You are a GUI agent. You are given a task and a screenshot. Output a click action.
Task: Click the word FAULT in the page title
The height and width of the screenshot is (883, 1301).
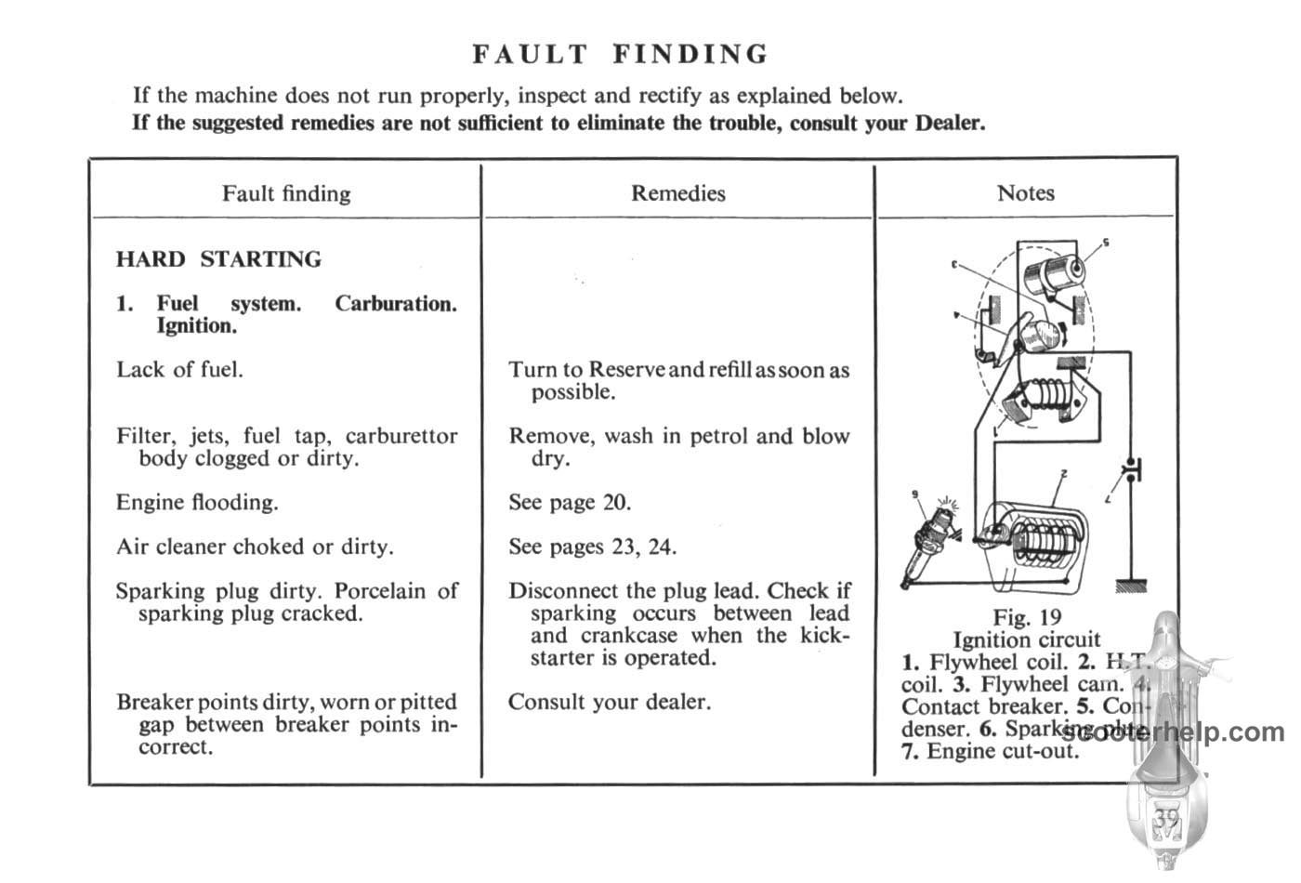point(530,54)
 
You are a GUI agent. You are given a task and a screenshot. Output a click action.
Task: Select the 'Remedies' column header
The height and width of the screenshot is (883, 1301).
point(677,193)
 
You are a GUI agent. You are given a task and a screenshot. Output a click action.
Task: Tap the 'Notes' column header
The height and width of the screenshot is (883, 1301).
point(1025,193)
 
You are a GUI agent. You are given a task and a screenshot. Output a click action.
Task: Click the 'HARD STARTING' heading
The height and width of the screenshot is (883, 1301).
point(218,259)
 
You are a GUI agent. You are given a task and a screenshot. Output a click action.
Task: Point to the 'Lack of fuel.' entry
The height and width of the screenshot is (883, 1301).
point(179,370)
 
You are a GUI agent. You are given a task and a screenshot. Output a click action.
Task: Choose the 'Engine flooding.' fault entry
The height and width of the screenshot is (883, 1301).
point(197,503)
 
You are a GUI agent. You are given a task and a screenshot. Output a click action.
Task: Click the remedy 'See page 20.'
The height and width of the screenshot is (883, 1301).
point(569,503)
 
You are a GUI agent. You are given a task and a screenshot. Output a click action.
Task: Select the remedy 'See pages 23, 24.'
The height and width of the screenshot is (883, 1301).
point(592,547)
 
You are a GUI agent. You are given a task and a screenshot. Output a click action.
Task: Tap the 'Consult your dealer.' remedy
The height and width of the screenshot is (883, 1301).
point(609,702)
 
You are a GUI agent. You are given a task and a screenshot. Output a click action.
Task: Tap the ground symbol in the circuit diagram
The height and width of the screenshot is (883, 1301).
point(1130,586)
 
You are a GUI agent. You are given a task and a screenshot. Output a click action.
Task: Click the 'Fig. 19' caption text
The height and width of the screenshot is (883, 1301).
point(1026,617)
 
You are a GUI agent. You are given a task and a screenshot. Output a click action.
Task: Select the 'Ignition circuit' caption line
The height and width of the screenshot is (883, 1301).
point(1026,639)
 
